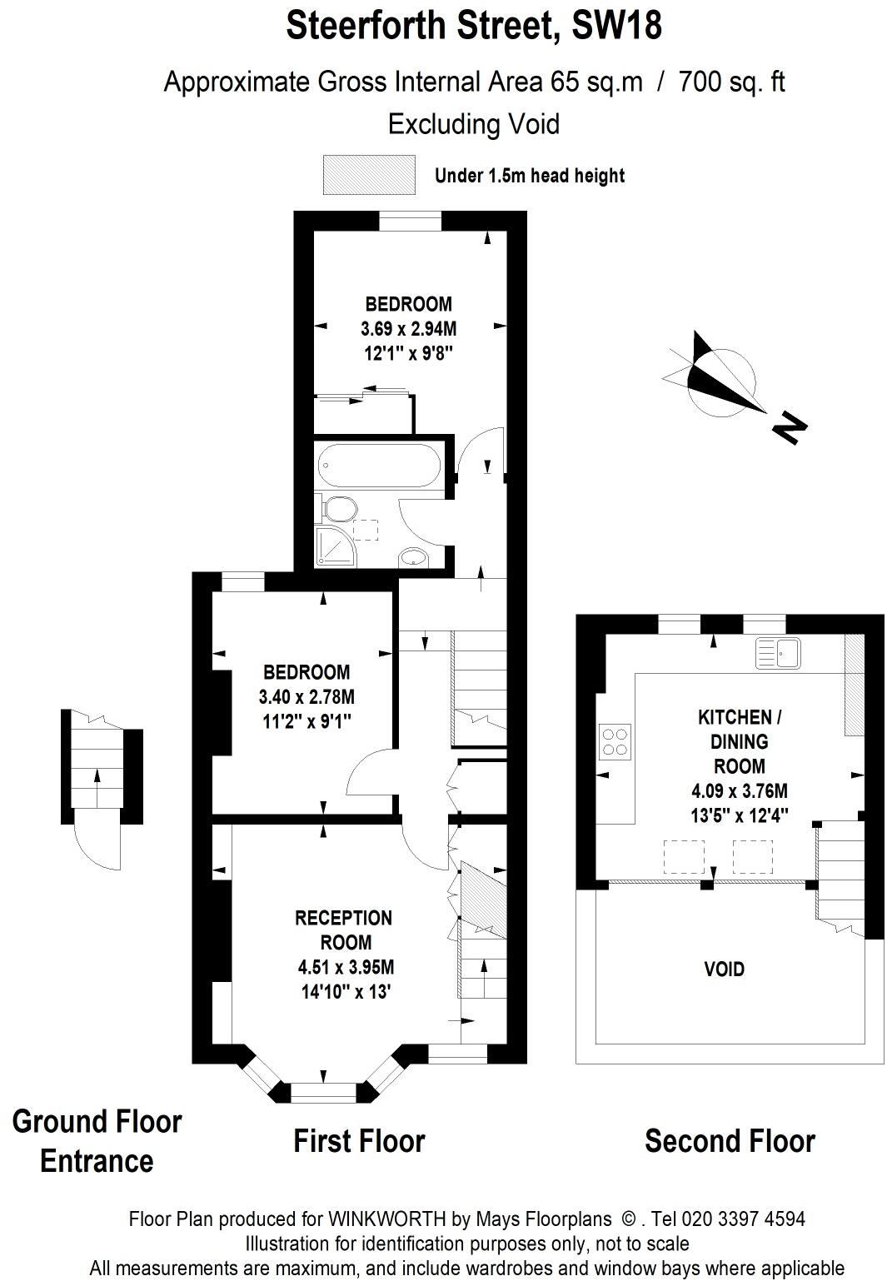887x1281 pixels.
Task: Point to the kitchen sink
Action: (x=778, y=652)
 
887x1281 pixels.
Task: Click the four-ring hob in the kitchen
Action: (x=615, y=741)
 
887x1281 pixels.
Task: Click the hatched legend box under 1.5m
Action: (x=369, y=175)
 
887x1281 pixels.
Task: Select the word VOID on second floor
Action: (x=724, y=969)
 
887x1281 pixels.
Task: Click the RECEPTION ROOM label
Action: (x=344, y=930)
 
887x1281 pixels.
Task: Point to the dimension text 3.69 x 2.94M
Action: (x=409, y=328)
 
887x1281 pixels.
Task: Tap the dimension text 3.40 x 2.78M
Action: (x=306, y=696)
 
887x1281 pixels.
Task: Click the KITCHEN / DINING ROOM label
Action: (x=739, y=740)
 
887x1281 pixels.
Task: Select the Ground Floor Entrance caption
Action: (x=97, y=1140)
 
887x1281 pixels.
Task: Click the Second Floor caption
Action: (x=730, y=1140)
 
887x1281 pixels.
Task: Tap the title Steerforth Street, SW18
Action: (x=474, y=25)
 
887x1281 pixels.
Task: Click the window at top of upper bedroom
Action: (x=410, y=222)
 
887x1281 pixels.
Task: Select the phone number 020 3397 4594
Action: (x=744, y=1219)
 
